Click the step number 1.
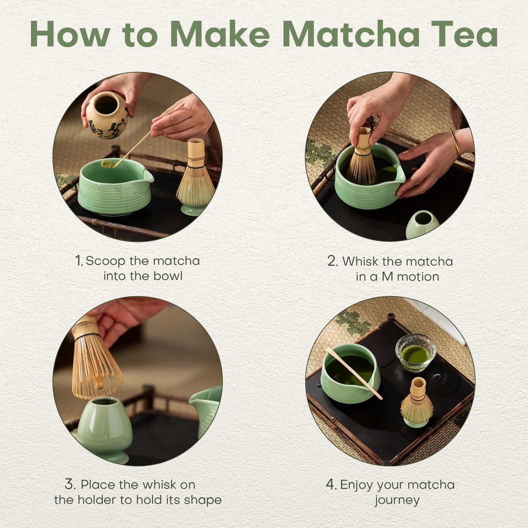click(x=79, y=261)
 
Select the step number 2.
click(x=333, y=261)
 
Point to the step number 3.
click(x=70, y=485)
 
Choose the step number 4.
click(x=331, y=485)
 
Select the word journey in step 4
click(x=397, y=500)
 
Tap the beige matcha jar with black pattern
click(x=107, y=115)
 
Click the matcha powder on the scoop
click(x=108, y=164)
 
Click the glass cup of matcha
click(x=415, y=353)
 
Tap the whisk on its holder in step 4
click(x=417, y=402)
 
